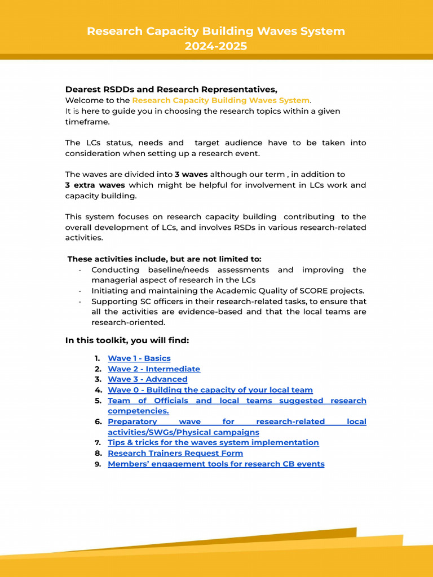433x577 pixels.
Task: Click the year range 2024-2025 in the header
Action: [216, 46]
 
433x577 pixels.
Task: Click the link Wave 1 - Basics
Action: [139, 358]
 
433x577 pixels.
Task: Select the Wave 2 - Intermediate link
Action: [154, 369]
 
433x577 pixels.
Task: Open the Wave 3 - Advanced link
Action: [148, 379]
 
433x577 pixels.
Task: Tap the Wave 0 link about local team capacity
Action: [210, 390]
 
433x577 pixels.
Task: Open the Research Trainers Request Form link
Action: [175, 453]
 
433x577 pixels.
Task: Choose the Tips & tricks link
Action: [213, 442]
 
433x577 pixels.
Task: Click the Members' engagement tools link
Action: [216, 464]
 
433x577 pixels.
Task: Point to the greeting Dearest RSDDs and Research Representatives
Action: [171, 90]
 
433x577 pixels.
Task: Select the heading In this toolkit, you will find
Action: [127, 340]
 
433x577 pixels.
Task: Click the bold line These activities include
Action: [165, 259]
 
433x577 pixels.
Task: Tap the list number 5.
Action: [98, 401]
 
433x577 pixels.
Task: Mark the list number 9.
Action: [98, 464]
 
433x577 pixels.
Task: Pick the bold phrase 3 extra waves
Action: [95, 185]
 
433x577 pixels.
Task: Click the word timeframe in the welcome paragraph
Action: [87, 122]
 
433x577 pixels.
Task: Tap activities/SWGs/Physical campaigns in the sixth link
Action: [183, 432]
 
